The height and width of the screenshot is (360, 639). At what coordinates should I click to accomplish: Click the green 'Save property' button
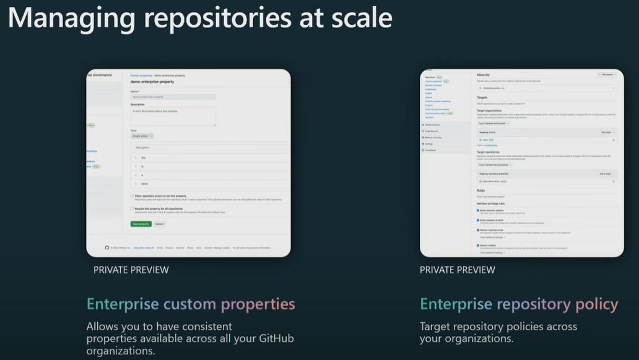point(141,224)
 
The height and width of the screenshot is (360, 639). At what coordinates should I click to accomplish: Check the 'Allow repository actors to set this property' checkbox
point(132,196)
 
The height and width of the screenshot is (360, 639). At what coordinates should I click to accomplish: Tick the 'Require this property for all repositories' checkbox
point(132,209)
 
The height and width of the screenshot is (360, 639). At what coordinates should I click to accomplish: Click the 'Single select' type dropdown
point(142,136)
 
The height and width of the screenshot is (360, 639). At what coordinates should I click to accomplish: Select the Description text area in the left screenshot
point(173,116)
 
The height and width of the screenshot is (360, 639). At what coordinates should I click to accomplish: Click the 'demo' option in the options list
point(144,184)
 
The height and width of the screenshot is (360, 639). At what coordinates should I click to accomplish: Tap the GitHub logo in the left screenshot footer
point(107,247)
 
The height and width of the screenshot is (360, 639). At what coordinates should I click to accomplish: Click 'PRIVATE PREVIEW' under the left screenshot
point(131,270)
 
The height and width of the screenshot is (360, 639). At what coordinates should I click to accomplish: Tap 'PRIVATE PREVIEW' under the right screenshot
point(457,270)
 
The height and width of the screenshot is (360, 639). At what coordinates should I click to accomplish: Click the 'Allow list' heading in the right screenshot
point(484,74)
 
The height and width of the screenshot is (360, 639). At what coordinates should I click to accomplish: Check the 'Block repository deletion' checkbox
point(478,211)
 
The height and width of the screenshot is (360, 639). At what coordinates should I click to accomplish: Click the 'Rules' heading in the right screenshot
point(481,190)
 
